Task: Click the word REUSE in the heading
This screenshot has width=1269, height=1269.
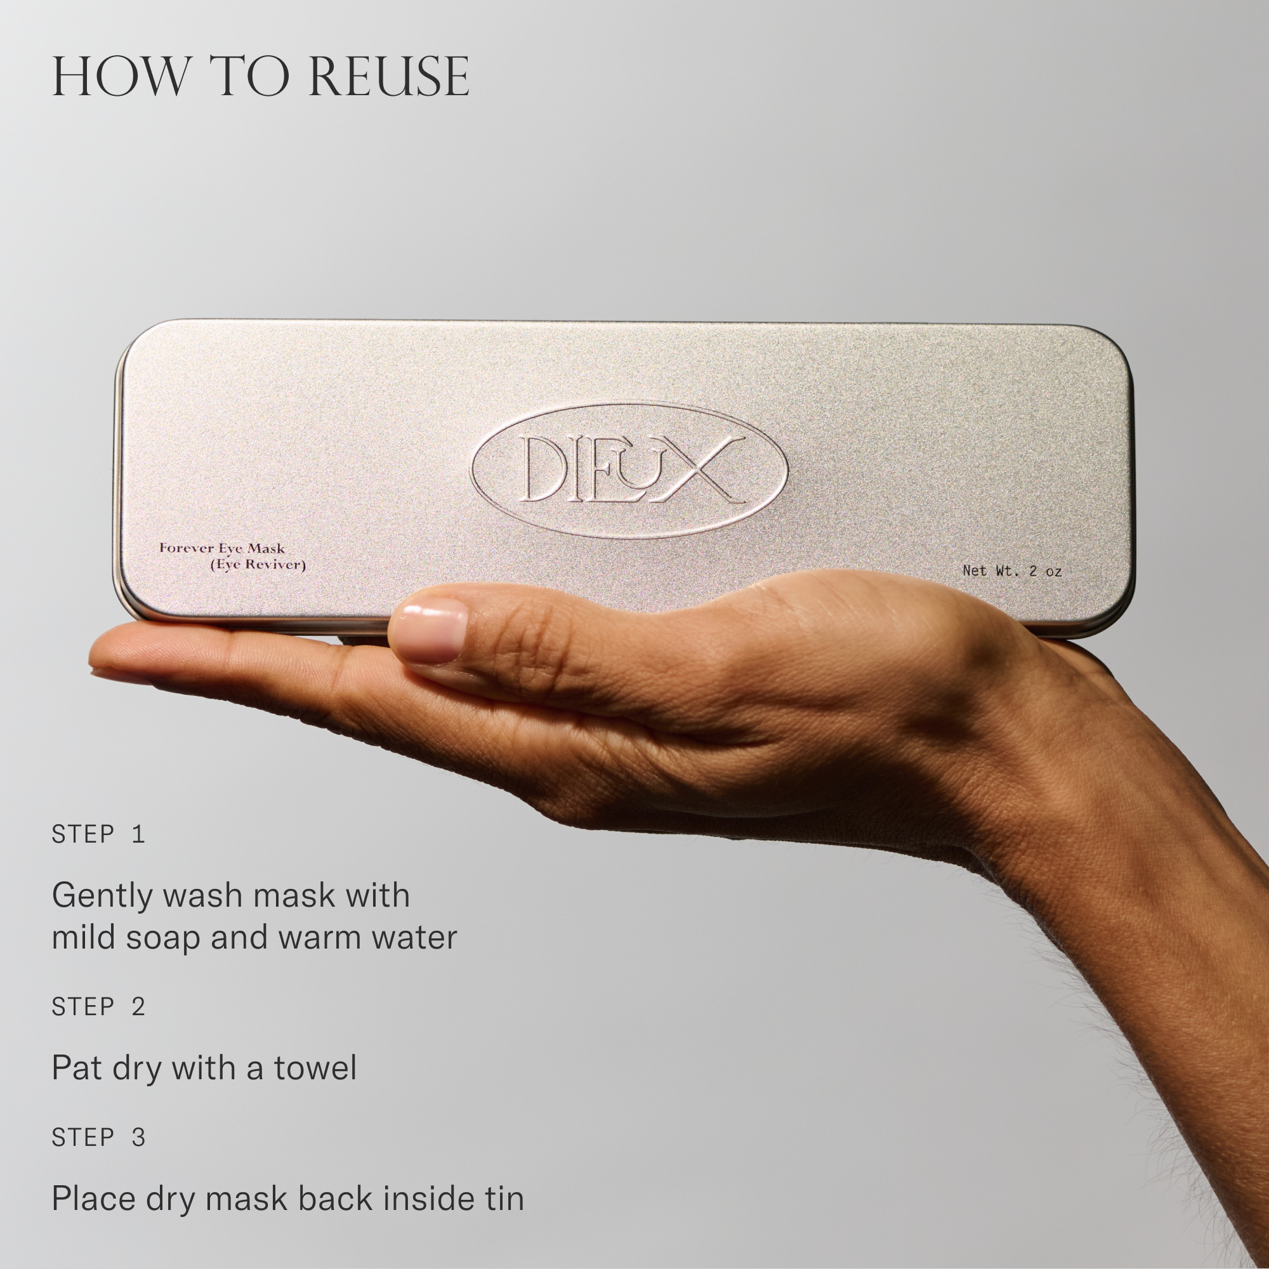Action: (389, 77)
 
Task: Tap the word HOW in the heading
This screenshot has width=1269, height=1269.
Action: (119, 77)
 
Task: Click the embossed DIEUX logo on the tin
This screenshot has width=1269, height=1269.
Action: (629, 470)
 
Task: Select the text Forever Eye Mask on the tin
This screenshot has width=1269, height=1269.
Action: (222, 548)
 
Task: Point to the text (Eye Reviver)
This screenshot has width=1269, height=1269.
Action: (258, 565)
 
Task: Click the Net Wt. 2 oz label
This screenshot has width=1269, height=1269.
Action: (1012, 571)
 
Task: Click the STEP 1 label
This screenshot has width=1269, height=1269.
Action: (98, 834)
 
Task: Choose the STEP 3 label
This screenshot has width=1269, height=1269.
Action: (98, 1137)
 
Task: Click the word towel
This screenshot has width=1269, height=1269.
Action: (315, 1068)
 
